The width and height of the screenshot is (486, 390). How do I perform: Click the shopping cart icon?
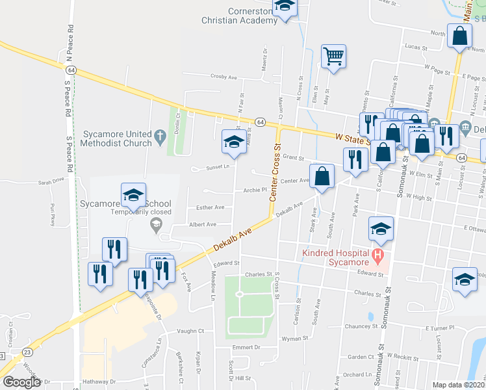coord(333,56)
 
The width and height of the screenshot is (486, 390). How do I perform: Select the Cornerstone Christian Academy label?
coord(252,16)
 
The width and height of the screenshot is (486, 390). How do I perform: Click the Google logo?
coord(21,382)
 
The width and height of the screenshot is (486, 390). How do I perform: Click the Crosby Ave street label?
coord(224,77)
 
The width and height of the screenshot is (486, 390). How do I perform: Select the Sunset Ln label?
coord(218,166)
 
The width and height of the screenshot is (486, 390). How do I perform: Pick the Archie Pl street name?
coord(255,190)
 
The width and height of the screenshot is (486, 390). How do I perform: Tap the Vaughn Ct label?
coord(191,331)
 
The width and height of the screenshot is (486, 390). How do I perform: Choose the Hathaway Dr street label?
coord(98,382)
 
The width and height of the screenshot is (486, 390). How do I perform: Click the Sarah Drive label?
coord(53,183)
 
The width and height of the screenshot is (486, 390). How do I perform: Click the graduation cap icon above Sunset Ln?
coord(234,142)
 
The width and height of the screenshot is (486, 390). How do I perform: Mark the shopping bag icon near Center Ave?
coord(322,175)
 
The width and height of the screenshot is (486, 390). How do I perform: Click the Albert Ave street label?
coord(202,224)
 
